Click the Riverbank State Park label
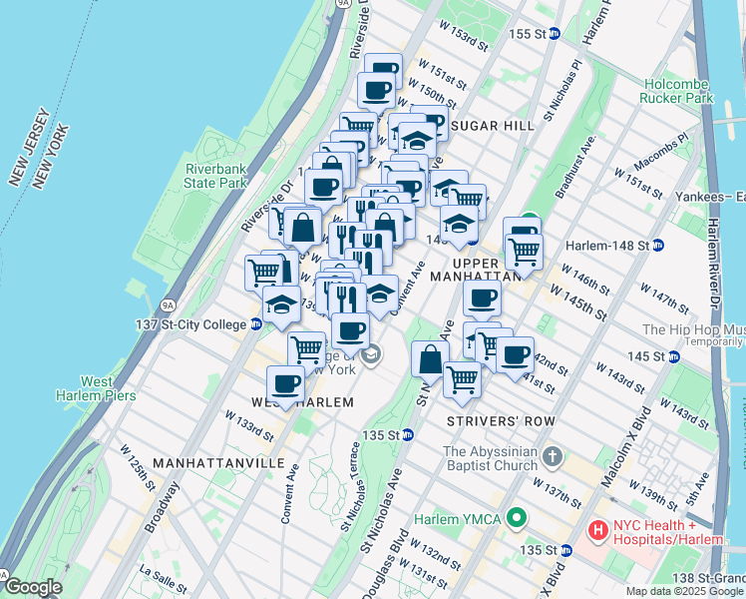pyautogui.click(x=214, y=176)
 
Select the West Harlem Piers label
pyautogui.click(x=96, y=388)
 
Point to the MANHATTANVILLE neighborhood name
pyautogui.click(x=227, y=463)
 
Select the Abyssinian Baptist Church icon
pyautogui.click(x=553, y=458)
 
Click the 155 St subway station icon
pyautogui.click(x=555, y=33)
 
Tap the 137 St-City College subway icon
pyautogui.click(x=256, y=323)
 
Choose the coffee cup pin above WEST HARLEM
pyautogui.click(x=286, y=383)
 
